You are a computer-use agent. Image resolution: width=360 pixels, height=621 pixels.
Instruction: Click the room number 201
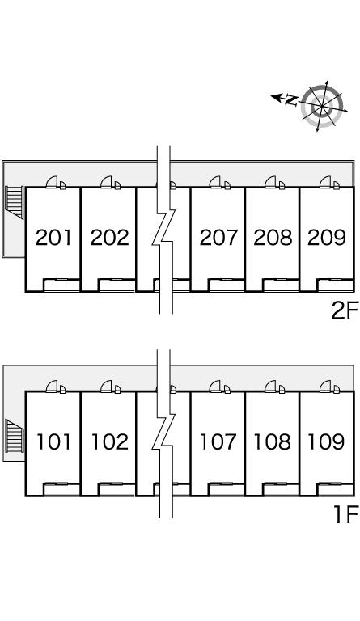(x=53, y=238)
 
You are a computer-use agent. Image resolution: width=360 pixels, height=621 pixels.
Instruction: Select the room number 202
(x=110, y=238)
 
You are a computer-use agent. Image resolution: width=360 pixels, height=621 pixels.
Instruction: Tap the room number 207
(x=218, y=238)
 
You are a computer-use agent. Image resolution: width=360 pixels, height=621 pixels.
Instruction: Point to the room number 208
(x=273, y=238)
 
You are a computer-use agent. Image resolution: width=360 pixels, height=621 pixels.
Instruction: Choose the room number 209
(x=327, y=238)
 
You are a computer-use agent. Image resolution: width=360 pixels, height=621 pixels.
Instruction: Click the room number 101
(x=54, y=442)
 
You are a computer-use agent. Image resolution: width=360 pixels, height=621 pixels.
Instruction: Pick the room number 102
(x=110, y=442)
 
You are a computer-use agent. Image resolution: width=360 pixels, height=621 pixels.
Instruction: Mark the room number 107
(x=218, y=442)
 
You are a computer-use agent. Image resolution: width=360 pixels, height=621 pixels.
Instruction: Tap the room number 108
(x=273, y=442)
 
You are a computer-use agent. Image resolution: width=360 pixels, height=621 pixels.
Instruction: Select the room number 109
(x=326, y=442)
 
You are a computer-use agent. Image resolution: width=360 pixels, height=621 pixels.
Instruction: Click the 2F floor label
(x=345, y=310)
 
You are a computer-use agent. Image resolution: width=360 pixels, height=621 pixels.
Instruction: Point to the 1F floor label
(x=345, y=514)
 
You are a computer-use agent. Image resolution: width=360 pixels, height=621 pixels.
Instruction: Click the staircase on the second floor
(x=15, y=202)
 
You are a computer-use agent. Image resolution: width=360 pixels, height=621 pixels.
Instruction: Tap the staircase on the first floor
(x=15, y=437)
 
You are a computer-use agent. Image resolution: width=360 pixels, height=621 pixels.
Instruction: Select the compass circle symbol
(x=322, y=106)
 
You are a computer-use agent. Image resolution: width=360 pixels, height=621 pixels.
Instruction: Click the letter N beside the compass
(x=291, y=100)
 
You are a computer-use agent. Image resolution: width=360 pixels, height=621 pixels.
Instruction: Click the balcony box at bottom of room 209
(x=335, y=285)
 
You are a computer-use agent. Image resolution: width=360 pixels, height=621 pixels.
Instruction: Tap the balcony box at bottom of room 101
(x=61, y=489)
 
